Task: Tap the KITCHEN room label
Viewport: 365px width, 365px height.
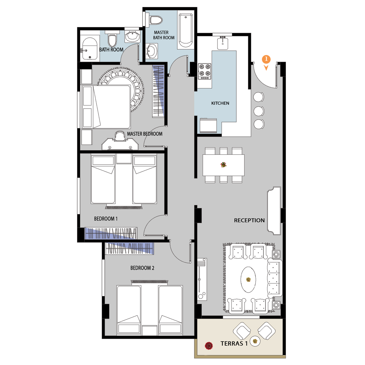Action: tap(220, 103)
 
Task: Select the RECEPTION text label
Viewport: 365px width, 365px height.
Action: tap(249, 220)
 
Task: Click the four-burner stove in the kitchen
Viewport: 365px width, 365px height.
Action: tap(205, 71)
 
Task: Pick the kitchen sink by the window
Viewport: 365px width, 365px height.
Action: tap(223, 43)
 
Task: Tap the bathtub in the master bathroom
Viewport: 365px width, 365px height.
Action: tap(186, 30)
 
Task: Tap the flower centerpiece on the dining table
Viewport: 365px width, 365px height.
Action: tap(224, 165)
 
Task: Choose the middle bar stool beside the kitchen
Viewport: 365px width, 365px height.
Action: tap(259, 111)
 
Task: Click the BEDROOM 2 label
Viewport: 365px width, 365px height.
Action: tap(142, 268)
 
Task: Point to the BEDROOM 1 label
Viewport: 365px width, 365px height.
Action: tap(106, 219)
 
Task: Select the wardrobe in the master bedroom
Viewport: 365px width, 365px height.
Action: tap(158, 91)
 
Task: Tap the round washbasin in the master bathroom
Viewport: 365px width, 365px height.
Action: tap(152, 51)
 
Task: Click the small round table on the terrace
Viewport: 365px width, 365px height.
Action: tap(255, 341)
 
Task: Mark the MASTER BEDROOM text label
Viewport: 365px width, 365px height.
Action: tap(145, 134)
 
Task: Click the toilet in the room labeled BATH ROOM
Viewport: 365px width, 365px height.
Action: tap(112, 39)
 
